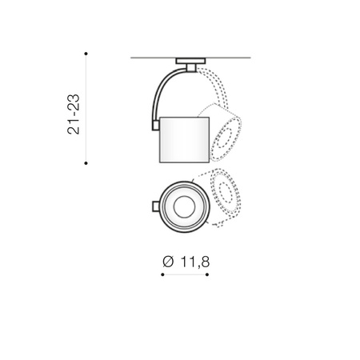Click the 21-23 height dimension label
74,114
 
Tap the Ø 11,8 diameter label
186,262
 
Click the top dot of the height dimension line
86,54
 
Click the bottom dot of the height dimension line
86,163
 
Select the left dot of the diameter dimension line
162,274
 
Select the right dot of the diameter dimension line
207,274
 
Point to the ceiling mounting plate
190,61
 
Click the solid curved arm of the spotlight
160,90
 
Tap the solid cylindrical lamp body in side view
184,140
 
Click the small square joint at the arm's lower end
155,126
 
